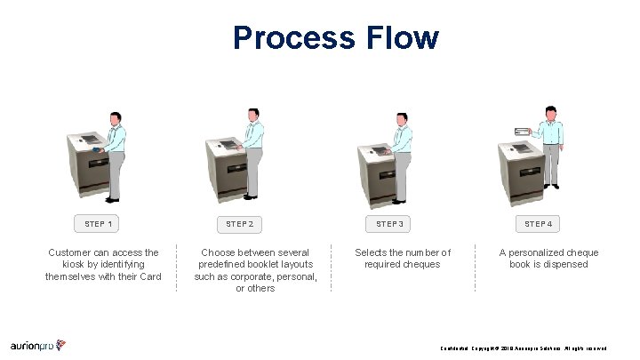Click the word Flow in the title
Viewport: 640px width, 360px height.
tap(401, 37)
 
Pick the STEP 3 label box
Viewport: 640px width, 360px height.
tap(389, 224)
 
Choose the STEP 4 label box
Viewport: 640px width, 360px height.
tap(538, 224)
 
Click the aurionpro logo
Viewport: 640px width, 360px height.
tap(38, 345)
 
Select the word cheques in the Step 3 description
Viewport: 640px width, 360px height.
tap(421, 264)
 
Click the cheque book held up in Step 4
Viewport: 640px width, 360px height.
tap(520, 132)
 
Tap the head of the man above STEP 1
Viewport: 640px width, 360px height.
tap(115, 118)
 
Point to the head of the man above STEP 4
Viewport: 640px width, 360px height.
tap(551, 112)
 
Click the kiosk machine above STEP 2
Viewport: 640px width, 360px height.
tap(227, 169)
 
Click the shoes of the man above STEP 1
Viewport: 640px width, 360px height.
tap(113, 198)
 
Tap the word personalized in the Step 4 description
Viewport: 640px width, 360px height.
tap(536, 252)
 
